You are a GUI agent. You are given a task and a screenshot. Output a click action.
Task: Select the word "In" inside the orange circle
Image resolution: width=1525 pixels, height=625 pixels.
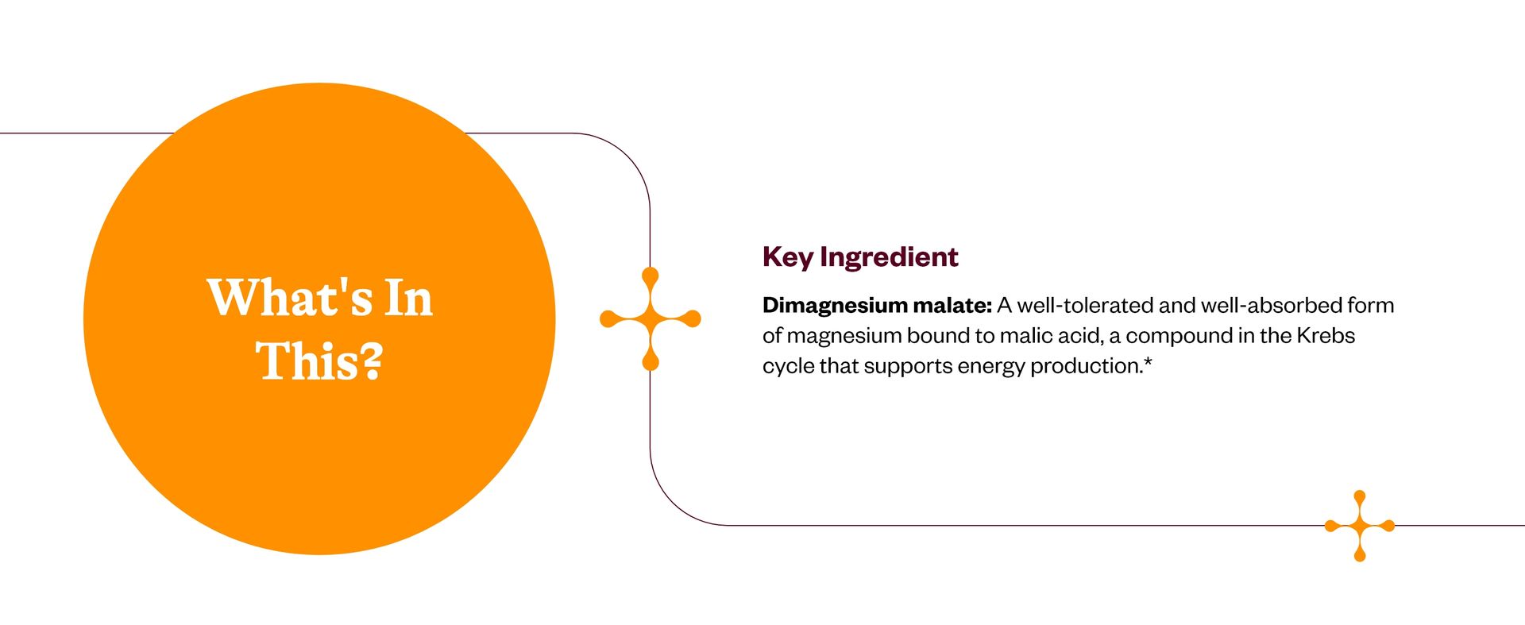[x=409, y=298]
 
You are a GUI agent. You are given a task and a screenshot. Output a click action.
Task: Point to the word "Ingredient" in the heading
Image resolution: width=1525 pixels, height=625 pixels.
[x=889, y=257]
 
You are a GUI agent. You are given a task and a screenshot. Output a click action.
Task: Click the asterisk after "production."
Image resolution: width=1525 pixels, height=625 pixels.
[x=1148, y=361]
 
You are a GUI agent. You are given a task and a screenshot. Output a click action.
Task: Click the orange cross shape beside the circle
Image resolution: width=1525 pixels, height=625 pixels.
[x=651, y=318]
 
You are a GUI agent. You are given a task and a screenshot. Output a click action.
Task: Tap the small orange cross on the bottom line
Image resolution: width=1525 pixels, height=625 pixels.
[x=1360, y=526]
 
